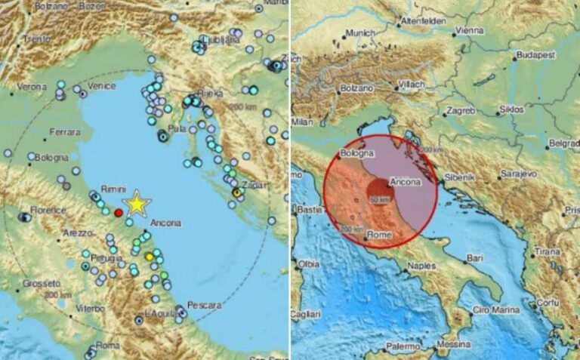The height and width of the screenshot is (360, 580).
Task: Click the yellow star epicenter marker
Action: pos(137,204)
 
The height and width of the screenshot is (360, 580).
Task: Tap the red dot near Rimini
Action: pos(119,213)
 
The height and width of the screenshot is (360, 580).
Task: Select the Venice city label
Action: pos(101,86)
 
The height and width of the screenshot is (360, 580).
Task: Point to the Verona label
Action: pos(32,88)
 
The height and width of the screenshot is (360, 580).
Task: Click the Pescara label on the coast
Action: pos(205,305)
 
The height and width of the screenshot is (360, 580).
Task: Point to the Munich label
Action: pos(359,34)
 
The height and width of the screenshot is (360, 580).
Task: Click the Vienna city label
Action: pos(470,31)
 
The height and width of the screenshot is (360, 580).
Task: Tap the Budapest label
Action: pos(537,56)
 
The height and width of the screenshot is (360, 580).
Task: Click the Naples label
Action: pos(422,266)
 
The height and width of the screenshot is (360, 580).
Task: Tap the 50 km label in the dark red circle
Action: pos(380,199)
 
